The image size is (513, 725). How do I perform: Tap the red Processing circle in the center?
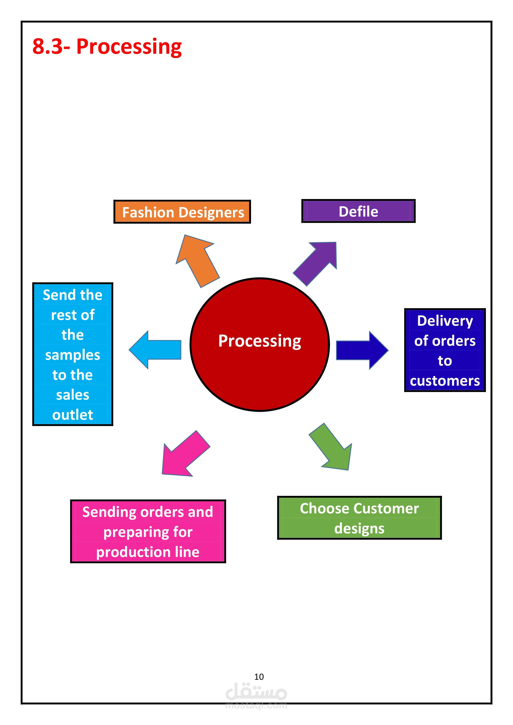[x=260, y=345]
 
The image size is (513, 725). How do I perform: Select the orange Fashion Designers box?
[x=182, y=212]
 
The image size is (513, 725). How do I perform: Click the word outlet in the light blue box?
[x=73, y=415]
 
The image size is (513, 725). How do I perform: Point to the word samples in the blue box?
[x=73, y=355]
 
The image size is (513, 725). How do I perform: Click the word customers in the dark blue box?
[x=445, y=381]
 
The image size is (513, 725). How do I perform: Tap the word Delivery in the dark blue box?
[x=445, y=321]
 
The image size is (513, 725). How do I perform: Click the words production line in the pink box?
[x=148, y=552]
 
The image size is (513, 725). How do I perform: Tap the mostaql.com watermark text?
[x=256, y=705]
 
